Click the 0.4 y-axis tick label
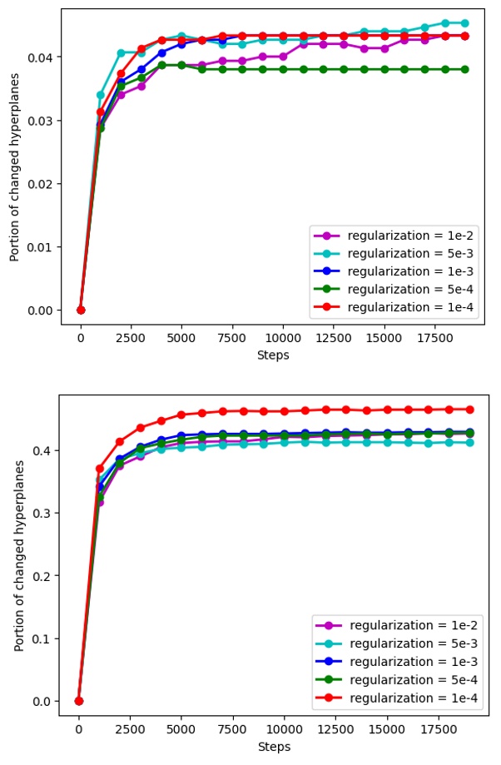click(42, 450)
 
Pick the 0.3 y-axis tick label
click(42, 513)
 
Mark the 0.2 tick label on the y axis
click(42, 576)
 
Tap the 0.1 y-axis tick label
click(42, 638)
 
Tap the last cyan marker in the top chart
click(465, 23)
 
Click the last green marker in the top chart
click(465, 69)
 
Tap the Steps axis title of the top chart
click(273, 355)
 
